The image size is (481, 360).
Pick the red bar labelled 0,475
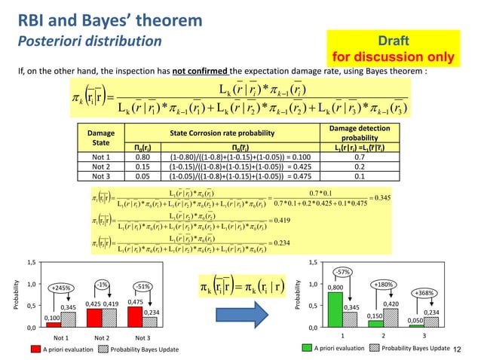click(x=135, y=317)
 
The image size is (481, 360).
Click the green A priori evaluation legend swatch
click(x=307, y=349)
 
